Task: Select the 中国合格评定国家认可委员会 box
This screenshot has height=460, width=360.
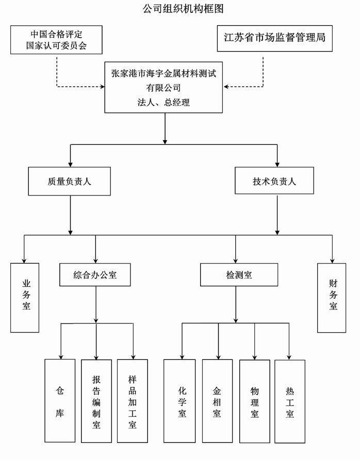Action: click(x=56, y=40)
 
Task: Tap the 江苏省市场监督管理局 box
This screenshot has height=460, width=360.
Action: click(x=274, y=38)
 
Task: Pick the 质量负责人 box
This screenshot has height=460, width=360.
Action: click(x=69, y=181)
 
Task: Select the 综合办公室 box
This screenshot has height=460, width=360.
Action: click(x=95, y=275)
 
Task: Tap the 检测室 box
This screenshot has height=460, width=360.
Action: click(x=239, y=275)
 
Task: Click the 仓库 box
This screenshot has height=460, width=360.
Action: click(x=60, y=400)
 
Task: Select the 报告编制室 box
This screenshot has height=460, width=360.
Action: click(x=96, y=401)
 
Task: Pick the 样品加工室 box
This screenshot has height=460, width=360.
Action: click(x=133, y=401)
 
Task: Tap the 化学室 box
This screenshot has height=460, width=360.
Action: click(x=182, y=400)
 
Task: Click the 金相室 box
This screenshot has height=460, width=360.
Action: click(x=217, y=400)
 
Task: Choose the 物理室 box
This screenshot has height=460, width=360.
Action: click(x=254, y=400)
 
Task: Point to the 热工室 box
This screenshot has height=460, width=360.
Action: click(x=290, y=400)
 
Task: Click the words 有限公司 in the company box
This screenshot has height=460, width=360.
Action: click(x=163, y=88)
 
